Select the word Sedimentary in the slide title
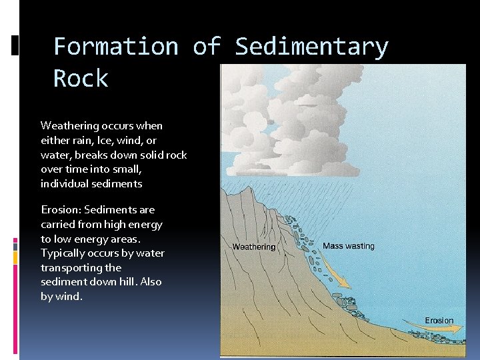[x=311, y=47]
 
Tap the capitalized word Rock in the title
[x=81, y=79]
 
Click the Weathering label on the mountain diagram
[x=253, y=247]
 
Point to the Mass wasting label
[x=348, y=246]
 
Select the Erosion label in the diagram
[x=439, y=321]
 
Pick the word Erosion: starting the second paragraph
[x=61, y=209]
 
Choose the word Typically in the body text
[x=63, y=253]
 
